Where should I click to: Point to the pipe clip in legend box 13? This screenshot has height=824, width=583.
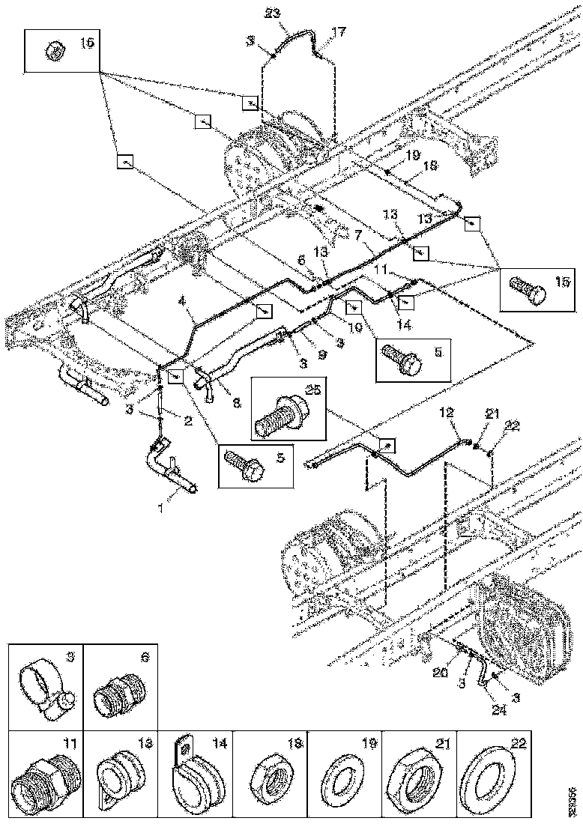118,779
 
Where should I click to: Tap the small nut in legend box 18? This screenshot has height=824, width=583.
267,779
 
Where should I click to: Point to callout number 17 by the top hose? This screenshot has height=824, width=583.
339,31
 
